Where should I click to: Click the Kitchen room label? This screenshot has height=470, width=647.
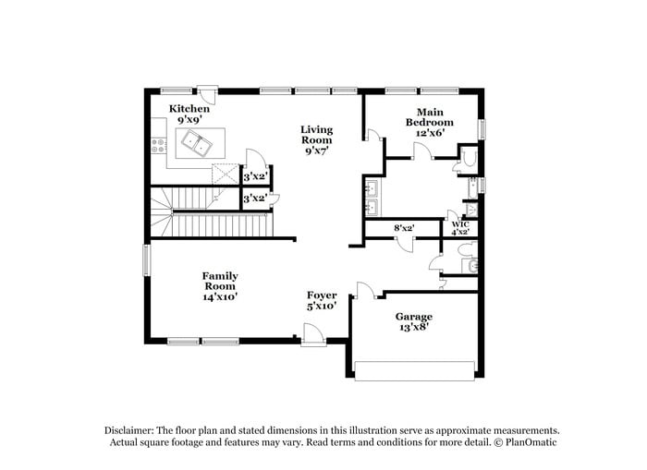point(189,109)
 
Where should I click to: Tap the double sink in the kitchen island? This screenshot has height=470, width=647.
point(194,142)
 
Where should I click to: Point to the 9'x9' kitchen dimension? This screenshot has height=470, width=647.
point(189,119)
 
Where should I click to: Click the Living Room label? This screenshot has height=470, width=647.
point(317,135)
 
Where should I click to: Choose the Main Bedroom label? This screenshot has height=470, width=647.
point(431,117)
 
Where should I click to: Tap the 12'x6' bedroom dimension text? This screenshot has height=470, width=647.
point(431,132)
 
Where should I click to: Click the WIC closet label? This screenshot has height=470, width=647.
point(458,223)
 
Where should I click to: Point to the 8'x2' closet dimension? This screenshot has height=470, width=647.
point(404,227)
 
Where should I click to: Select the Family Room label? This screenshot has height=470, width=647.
point(220,281)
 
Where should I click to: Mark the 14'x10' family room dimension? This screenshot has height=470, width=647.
point(220,296)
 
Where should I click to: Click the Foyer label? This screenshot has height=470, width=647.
point(322,295)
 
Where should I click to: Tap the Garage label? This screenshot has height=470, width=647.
point(414,317)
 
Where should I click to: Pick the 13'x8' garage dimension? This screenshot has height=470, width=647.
point(414,328)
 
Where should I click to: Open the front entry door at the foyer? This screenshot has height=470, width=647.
point(313,341)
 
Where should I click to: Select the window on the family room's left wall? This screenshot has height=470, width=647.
point(146,259)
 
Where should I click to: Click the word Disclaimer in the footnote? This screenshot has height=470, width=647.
point(128,430)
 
